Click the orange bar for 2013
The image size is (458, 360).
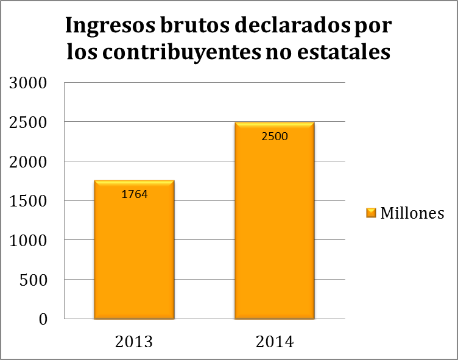(x=134, y=256)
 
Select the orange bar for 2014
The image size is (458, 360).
(x=275, y=231)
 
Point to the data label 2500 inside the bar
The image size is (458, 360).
(x=275, y=136)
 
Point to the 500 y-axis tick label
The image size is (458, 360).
(x=34, y=280)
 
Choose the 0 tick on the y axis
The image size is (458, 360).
(x=43, y=319)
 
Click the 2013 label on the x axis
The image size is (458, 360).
(x=134, y=341)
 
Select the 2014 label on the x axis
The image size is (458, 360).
(x=275, y=341)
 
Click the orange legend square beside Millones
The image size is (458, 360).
(x=371, y=213)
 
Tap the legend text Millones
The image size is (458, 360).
(x=412, y=213)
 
